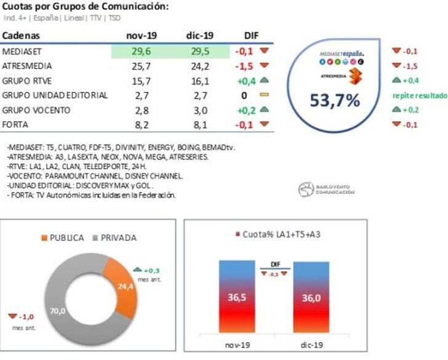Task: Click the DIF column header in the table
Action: coord(252,36)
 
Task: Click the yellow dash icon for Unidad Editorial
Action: coord(265,95)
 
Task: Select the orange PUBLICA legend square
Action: coord(44,238)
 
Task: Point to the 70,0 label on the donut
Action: coord(58,311)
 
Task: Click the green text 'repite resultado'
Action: coord(420,96)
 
